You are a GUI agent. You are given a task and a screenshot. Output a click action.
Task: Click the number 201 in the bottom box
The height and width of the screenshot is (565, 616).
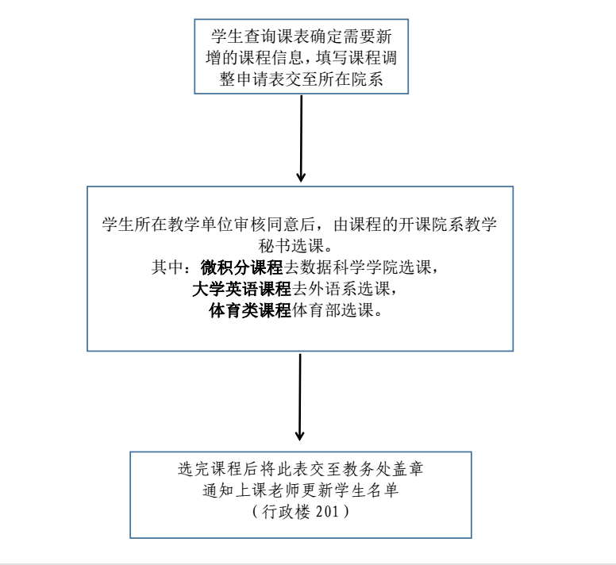coord(327,512)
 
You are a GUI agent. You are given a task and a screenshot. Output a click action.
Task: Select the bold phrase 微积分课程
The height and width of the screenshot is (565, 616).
coord(241,267)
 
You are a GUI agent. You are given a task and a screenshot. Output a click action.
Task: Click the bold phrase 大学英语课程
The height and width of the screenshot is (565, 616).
coord(241,289)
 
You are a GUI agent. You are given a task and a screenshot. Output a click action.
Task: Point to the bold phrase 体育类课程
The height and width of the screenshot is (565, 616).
coord(250,310)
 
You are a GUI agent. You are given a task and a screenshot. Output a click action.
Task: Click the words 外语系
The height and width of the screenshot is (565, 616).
coord(333,289)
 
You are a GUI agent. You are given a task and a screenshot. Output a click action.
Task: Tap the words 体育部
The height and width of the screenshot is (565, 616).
coord(316,310)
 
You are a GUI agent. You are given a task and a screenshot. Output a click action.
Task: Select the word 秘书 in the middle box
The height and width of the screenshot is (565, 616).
coord(275,246)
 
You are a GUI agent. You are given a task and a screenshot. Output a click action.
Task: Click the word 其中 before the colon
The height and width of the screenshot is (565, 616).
coord(167,267)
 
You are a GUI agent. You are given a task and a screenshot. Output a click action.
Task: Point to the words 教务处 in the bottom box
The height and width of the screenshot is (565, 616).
coord(367,469)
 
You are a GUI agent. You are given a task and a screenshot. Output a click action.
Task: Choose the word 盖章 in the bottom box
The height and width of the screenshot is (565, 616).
coord(408,469)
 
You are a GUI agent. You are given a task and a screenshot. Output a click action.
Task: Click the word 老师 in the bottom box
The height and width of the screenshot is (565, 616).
coord(284,490)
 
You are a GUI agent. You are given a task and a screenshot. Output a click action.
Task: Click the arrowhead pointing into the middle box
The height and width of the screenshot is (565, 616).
coord(301,177)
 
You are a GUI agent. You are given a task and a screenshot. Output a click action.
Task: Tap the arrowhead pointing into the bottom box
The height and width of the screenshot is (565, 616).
coord(300,436)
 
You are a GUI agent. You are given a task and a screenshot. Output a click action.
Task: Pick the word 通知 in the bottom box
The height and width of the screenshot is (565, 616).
coord(218,490)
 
